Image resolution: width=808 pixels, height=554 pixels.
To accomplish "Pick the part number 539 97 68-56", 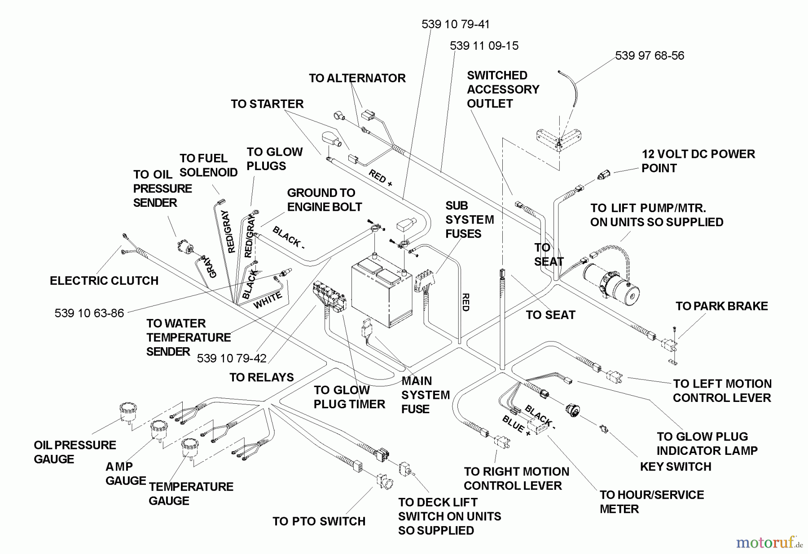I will coord(649,56).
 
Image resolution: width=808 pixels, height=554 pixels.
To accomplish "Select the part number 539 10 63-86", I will coord(89,313).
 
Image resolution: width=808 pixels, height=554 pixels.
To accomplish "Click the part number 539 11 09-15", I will coord(484,46).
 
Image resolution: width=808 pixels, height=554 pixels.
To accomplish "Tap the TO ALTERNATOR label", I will coord(357,78).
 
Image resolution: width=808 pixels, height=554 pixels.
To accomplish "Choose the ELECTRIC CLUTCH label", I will coord(104,281).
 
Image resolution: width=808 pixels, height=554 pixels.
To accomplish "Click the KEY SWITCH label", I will coord(676,467).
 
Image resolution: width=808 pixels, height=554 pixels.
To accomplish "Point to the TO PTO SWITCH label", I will coord(319,521).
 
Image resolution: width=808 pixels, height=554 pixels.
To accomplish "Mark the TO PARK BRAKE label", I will coord(721,306).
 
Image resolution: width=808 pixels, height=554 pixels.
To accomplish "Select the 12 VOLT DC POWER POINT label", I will coord(698,161).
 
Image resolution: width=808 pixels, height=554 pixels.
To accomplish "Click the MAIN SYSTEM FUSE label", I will coord(425,395).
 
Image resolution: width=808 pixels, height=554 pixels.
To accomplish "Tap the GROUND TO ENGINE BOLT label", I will coord(324,200).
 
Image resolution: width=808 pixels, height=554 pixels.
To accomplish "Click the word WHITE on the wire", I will coord(268,300).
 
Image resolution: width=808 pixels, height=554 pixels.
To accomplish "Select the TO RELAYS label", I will coord(261,377).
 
